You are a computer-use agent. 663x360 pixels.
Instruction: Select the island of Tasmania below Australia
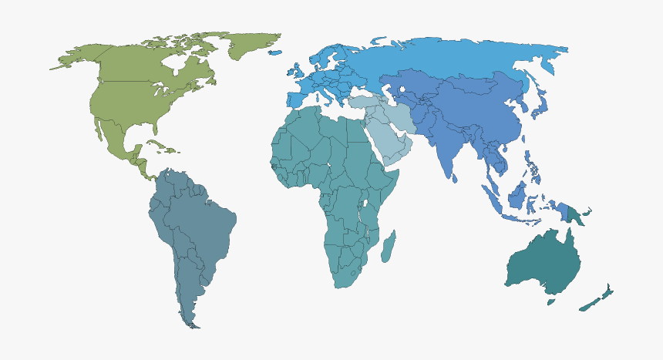550,301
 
